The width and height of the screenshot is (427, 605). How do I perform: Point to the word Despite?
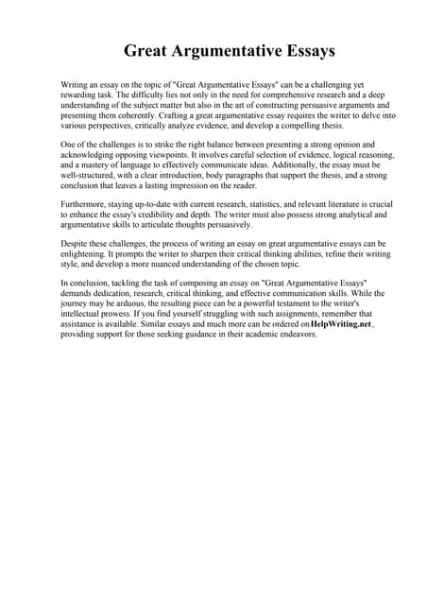(77, 244)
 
